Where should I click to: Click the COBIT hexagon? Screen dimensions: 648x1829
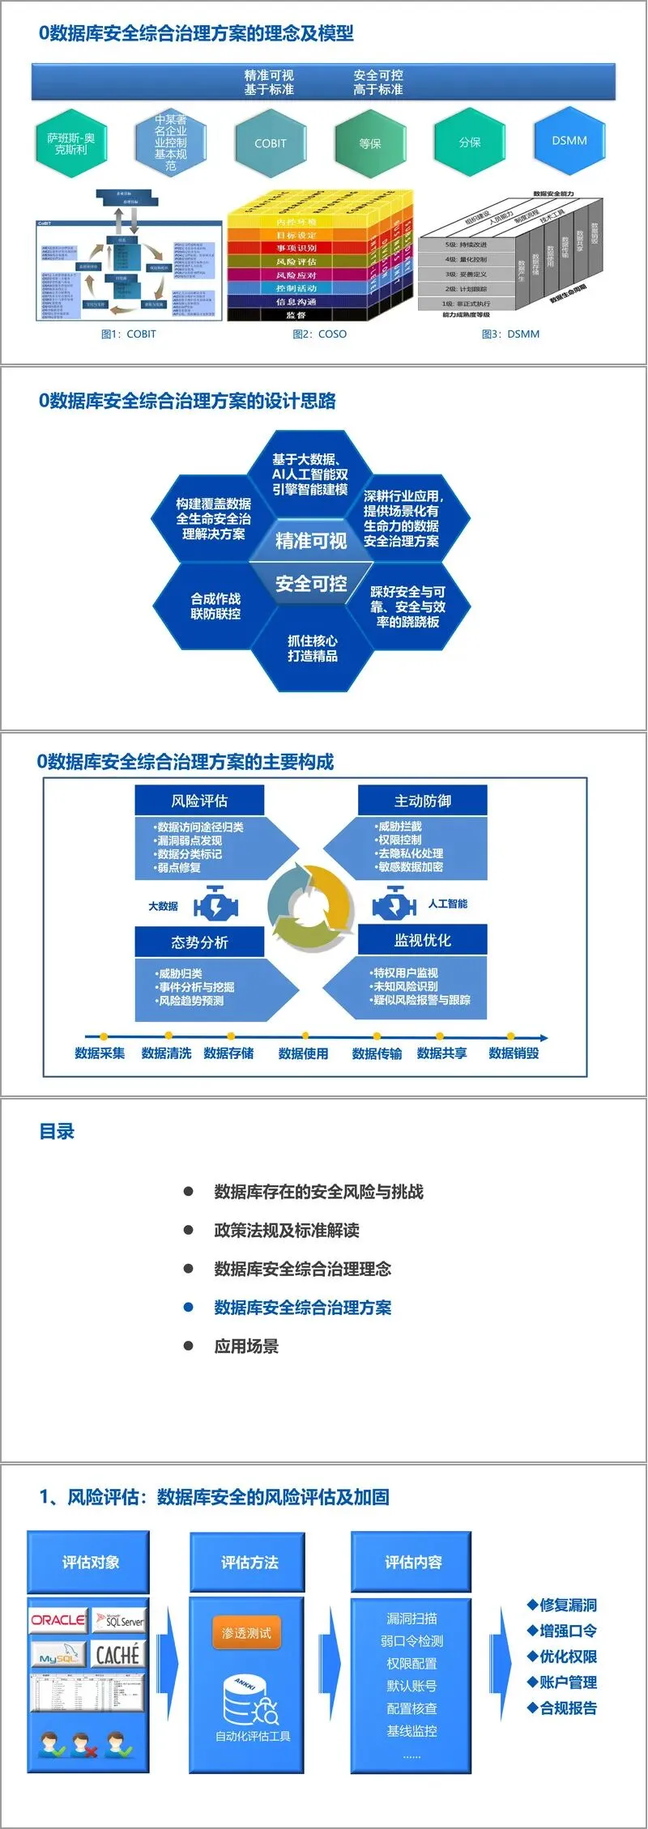270,143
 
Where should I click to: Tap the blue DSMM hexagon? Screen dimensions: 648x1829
569,141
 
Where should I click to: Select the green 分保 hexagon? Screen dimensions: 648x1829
470,142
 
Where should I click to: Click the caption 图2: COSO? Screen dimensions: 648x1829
319,334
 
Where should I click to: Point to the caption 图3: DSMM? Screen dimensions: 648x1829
510,334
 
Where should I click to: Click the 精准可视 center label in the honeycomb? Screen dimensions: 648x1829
311,541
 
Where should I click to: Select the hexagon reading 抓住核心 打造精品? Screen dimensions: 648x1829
313,649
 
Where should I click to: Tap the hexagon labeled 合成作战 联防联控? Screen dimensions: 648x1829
215,606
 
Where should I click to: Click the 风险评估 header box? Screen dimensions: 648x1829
199,801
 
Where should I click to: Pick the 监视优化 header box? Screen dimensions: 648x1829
422,940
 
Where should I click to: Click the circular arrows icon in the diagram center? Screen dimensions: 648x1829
310,906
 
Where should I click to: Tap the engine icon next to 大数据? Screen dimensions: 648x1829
215,904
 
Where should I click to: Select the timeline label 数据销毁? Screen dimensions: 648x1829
514,1053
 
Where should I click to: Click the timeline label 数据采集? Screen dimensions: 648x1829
100,1053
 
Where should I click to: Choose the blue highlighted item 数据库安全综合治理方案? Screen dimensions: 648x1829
302,1308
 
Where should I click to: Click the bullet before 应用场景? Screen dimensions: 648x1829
188,1346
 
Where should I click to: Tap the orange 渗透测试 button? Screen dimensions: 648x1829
246,1633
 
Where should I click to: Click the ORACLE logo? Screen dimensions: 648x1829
58,1620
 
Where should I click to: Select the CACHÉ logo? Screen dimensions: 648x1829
118,1654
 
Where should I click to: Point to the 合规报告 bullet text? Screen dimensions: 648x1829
568,1708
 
